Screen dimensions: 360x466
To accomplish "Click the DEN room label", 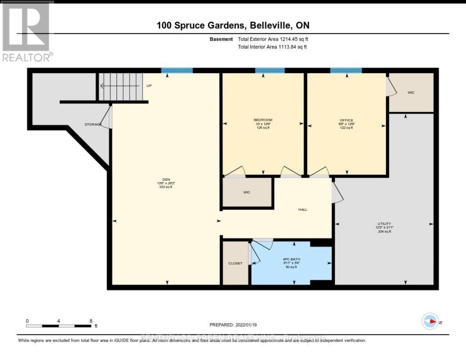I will (x=166, y=179).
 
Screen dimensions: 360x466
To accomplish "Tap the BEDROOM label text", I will (x=263, y=120).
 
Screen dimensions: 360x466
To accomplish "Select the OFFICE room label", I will (x=346, y=120).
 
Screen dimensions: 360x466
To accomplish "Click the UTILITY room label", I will (x=384, y=224).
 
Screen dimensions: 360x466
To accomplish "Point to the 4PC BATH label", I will (x=291, y=259).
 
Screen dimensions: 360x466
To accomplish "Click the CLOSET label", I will (x=235, y=263).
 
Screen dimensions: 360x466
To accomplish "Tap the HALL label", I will (x=303, y=209).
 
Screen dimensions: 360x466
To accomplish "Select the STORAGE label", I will (x=93, y=124).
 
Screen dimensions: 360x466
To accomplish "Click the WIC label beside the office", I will (x=411, y=93).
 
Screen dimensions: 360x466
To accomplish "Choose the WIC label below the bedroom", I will (x=246, y=192).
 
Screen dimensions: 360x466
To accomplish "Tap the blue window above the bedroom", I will (x=270, y=71).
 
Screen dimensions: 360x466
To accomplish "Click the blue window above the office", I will (x=346, y=71).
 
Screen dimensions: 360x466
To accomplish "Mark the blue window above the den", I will (x=177, y=71).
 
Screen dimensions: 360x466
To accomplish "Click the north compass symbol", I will (x=431, y=321).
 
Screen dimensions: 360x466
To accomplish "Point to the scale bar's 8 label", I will (x=91, y=321).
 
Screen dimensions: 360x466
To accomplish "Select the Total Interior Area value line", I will (x=272, y=47).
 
